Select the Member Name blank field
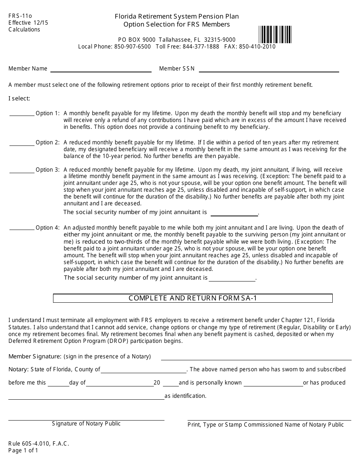(x=101, y=69)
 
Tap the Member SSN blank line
(x=269, y=69)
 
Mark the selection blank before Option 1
(x=22, y=113)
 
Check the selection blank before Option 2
(x=22, y=143)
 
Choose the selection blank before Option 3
(x=22, y=170)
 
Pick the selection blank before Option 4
(x=22, y=228)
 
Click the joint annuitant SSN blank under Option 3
(x=234, y=213)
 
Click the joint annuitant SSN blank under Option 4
(x=232, y=278)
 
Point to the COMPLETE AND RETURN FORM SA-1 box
(x=193, y=298)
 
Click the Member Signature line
(x=256, y=357)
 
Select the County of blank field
(x=143, y=370)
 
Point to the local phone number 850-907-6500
(x=132, y=47)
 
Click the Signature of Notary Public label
(x=86, y=424)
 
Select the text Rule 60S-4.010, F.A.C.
(x=39, y=444)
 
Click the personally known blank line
(x=273, y=383)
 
